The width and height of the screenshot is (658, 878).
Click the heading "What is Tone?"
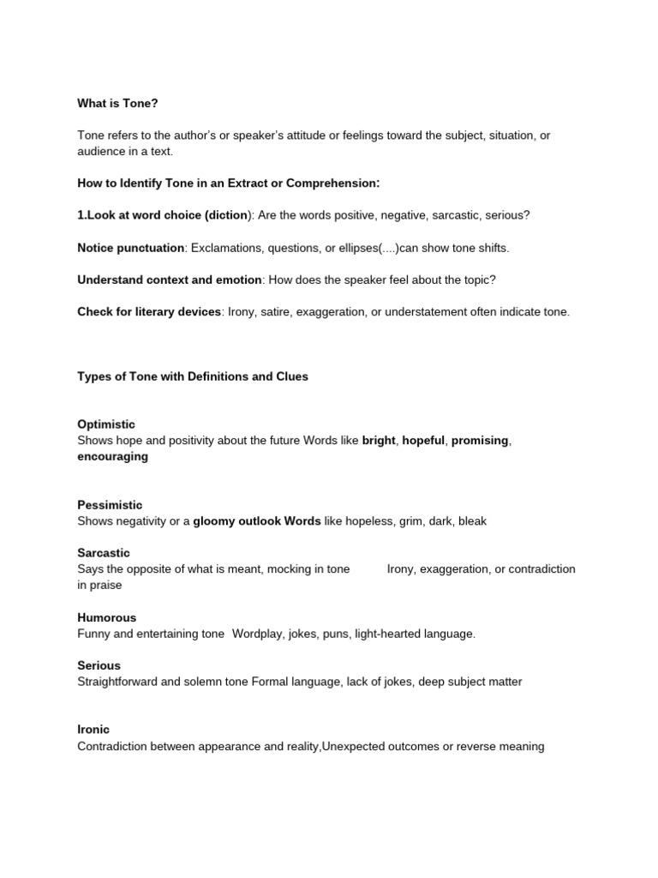coord(117,103)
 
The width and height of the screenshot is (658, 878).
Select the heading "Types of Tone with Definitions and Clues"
coord(193,376)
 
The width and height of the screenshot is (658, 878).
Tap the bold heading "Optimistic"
coord(106,424)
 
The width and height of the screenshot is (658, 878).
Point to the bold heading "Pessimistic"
coord(110,505)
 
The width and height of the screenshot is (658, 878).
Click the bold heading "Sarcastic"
coord(104,553)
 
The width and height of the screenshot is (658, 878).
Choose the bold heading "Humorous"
coord(107,617)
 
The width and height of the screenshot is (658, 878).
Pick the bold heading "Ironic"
coord(93,730)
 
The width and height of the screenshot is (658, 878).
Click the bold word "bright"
coord(379,441)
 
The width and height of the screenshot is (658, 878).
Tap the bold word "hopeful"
coord(424,441)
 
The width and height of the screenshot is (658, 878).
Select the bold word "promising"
coord(480,441)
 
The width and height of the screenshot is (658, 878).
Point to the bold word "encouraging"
coord(112,457)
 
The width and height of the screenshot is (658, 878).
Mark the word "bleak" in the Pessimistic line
coord(472,521)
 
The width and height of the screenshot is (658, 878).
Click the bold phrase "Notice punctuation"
coord(130,248)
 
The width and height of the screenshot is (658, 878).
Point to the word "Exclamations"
coord(226,248)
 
